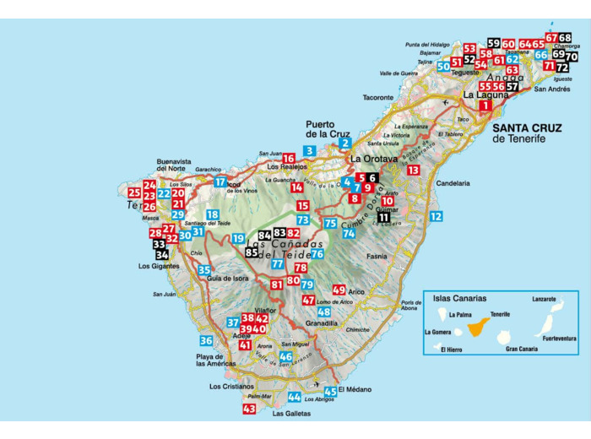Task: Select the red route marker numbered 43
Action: click(x=248, y=409)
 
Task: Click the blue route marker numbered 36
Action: click(x=206, y=340)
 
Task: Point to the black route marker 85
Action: click(x=251, y=252)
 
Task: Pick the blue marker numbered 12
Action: click(x=436, y=216)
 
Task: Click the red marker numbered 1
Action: click(x=484, y=106)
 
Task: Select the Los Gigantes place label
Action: click(x=158, y=266)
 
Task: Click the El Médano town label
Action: click(x=354, y=401)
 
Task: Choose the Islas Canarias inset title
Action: click(x=459, y=298)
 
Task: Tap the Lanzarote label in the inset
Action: click(x=544, y=299)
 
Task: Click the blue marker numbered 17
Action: click(x=220, y=182)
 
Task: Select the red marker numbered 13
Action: click(x=413, y=170)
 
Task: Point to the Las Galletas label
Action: click(x=291, y=414)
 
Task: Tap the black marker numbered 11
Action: click(x=383, y=217)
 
